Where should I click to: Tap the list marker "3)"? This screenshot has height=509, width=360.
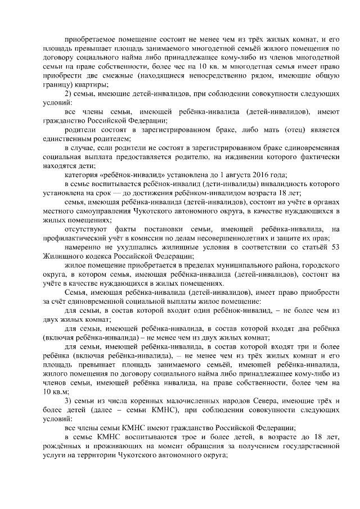click(69, 400)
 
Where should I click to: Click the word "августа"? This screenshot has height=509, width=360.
click(227, 175)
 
